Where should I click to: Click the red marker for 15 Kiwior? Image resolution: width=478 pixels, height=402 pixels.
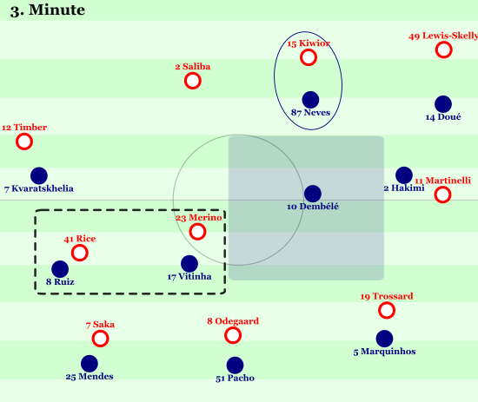click(309, 57)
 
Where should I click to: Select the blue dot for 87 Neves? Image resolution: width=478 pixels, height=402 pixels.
click(310, 100)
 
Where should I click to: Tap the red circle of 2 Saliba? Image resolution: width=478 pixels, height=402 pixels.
click(193, 81)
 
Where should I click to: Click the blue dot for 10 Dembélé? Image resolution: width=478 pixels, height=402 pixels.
click(313, 194)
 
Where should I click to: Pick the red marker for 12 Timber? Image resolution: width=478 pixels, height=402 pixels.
click(24, 142)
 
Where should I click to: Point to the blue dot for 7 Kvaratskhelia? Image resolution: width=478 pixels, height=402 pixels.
click(39, 175)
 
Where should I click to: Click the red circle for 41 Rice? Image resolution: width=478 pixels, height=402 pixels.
click(80, 253)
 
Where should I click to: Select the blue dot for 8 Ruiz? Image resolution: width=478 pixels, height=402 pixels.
click(60, 269)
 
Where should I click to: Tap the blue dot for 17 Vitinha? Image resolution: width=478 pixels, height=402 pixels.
click(189, 264)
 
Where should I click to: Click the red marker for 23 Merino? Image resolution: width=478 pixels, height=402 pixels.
click(197, 232)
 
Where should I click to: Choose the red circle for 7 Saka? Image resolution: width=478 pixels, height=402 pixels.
click(100, 339)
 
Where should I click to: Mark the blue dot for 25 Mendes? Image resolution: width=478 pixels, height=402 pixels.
click(90, 364)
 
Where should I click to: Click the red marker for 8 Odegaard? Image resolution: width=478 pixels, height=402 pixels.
click(233, 335)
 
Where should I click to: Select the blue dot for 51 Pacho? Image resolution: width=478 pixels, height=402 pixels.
click(235, 366)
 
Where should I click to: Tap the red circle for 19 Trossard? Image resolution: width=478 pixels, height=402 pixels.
click(387, 310)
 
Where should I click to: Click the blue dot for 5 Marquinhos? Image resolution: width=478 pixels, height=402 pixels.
click(384, 339)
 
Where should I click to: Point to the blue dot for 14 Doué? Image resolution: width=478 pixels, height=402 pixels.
click(443, 104)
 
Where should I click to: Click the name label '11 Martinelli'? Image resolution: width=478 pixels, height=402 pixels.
click(442, 181)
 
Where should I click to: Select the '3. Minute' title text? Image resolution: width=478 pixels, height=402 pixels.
click(48, 10)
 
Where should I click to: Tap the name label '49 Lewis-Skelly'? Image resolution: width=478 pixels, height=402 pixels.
click(443, 36)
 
